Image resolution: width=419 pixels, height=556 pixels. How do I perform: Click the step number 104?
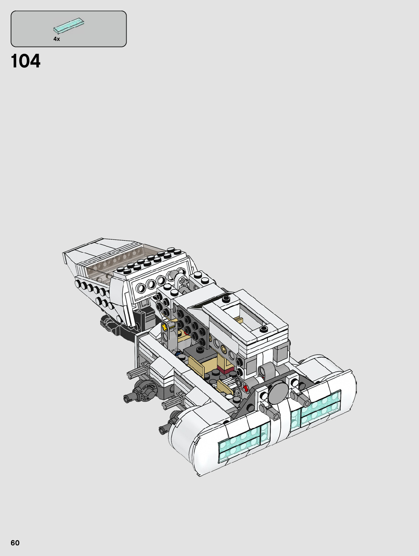coord(26,61)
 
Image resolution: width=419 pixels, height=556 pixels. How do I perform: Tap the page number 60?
coord(15,543)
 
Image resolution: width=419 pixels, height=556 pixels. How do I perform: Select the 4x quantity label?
coord(56,39)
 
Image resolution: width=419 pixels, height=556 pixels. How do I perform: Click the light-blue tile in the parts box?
coord(69,26)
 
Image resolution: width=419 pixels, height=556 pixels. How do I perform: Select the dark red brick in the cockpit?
coord(224,370)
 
